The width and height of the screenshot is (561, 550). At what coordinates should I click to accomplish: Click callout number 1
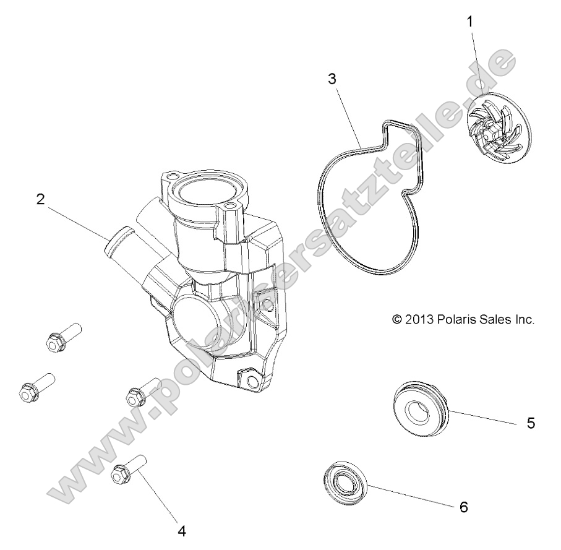pyautogui.click(x=470, y=21)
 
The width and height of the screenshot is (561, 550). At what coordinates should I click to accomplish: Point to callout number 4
pyautogui.click(x=181, y=530)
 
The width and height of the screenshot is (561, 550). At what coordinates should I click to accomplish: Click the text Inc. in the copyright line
pyautogui.click(x=523, y=319)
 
